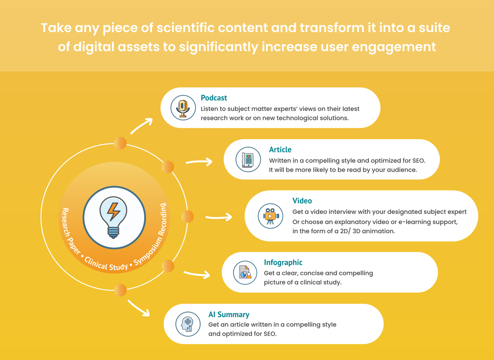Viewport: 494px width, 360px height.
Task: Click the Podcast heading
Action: click(x=214, y=98)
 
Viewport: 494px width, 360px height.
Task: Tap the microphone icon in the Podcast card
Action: click(x=183, y=108)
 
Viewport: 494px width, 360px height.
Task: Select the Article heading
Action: click(x=280, y=150)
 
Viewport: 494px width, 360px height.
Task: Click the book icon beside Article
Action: click(x=248, y=159)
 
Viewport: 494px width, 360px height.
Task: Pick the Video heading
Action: click(x=302, y=201)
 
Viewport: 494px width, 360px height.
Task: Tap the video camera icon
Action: click(x=271, y=216)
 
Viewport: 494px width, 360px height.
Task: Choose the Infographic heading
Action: click(x=283, y=262)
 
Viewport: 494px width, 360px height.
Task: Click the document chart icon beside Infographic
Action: click(x=245, y=272)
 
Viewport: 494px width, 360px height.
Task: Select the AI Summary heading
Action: click(x=229, y=314)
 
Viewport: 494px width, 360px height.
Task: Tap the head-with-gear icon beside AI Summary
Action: click(x=187, y=324)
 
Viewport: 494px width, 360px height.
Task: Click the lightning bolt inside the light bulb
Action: click(x=114, y=211)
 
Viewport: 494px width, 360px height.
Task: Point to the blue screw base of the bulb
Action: click(x=113, y=233)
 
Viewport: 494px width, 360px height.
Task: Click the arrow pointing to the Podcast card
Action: click(x=141, y=126)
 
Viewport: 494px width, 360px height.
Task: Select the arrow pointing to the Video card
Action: click(x=219, y=217)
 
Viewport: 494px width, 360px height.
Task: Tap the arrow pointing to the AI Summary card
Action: click(x=138, y=308)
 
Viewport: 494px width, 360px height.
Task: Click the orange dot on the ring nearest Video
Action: click(x=187, y=216)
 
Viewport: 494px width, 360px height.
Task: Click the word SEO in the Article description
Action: click(x=419, y=161)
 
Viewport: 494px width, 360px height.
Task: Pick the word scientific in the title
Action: click(x=186, y=28)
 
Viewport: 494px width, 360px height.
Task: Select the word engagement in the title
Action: click(x=394, y=47)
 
